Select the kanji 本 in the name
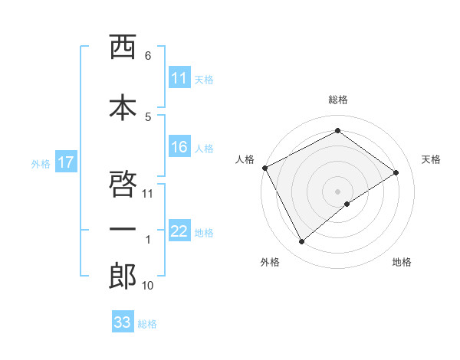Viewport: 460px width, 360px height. (x=123, y=106)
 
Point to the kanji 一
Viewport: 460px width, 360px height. (x=123, y=230)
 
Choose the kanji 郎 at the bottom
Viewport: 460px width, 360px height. (x=123, y=277)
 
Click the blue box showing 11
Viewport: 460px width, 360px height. (x=179, y=78)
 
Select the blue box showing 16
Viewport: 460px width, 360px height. (x=179, y=148)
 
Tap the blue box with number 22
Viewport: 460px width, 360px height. (x=179, y=232)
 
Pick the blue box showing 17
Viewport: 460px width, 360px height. (x=66, y=162)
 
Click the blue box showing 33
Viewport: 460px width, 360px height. (x=123, y=322)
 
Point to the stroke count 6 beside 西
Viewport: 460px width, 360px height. (x=147, y=56)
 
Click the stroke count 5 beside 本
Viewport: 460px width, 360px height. (x=147, y=116)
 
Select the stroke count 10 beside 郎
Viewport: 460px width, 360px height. (x=147, y=286)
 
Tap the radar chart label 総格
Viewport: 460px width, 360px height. (x=337, y=100)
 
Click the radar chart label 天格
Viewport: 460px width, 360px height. (x=432, y=159)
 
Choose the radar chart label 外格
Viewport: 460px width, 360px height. (x=270, y=262)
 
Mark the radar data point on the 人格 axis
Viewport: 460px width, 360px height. (x=264, y=168)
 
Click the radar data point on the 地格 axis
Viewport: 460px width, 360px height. (x=347, y=204)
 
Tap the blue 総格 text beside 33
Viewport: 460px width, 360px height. (x=148, y=324)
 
